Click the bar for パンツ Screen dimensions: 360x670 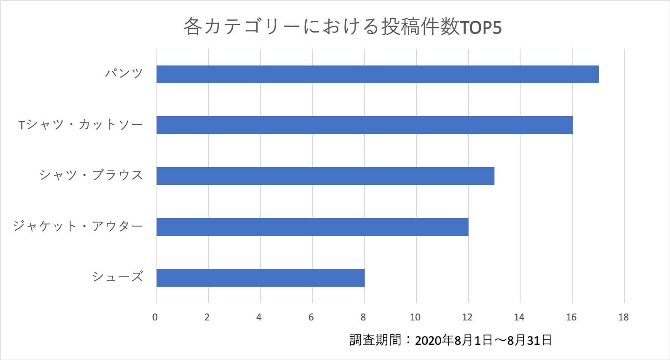[377, 75]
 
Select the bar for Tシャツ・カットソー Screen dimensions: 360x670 [364, 125]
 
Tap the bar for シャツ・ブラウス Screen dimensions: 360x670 [325, 176]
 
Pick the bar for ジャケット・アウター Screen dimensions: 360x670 [312, 227]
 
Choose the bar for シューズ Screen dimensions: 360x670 [260, 278]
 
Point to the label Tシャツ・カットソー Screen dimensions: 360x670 [81, 125]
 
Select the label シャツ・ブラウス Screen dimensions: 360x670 [91, 175]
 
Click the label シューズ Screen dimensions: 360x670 [117, 277]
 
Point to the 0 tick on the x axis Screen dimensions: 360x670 [155, 317]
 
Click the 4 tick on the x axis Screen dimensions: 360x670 [259, 317]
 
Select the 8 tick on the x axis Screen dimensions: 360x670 [363, 317]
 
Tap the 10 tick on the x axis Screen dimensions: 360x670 [415, 317]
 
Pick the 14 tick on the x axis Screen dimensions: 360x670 [519, 317]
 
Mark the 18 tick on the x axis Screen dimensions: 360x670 [623, 317]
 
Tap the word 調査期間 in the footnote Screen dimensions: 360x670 [375, 340]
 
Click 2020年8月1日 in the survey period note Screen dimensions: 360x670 [453, 341]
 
